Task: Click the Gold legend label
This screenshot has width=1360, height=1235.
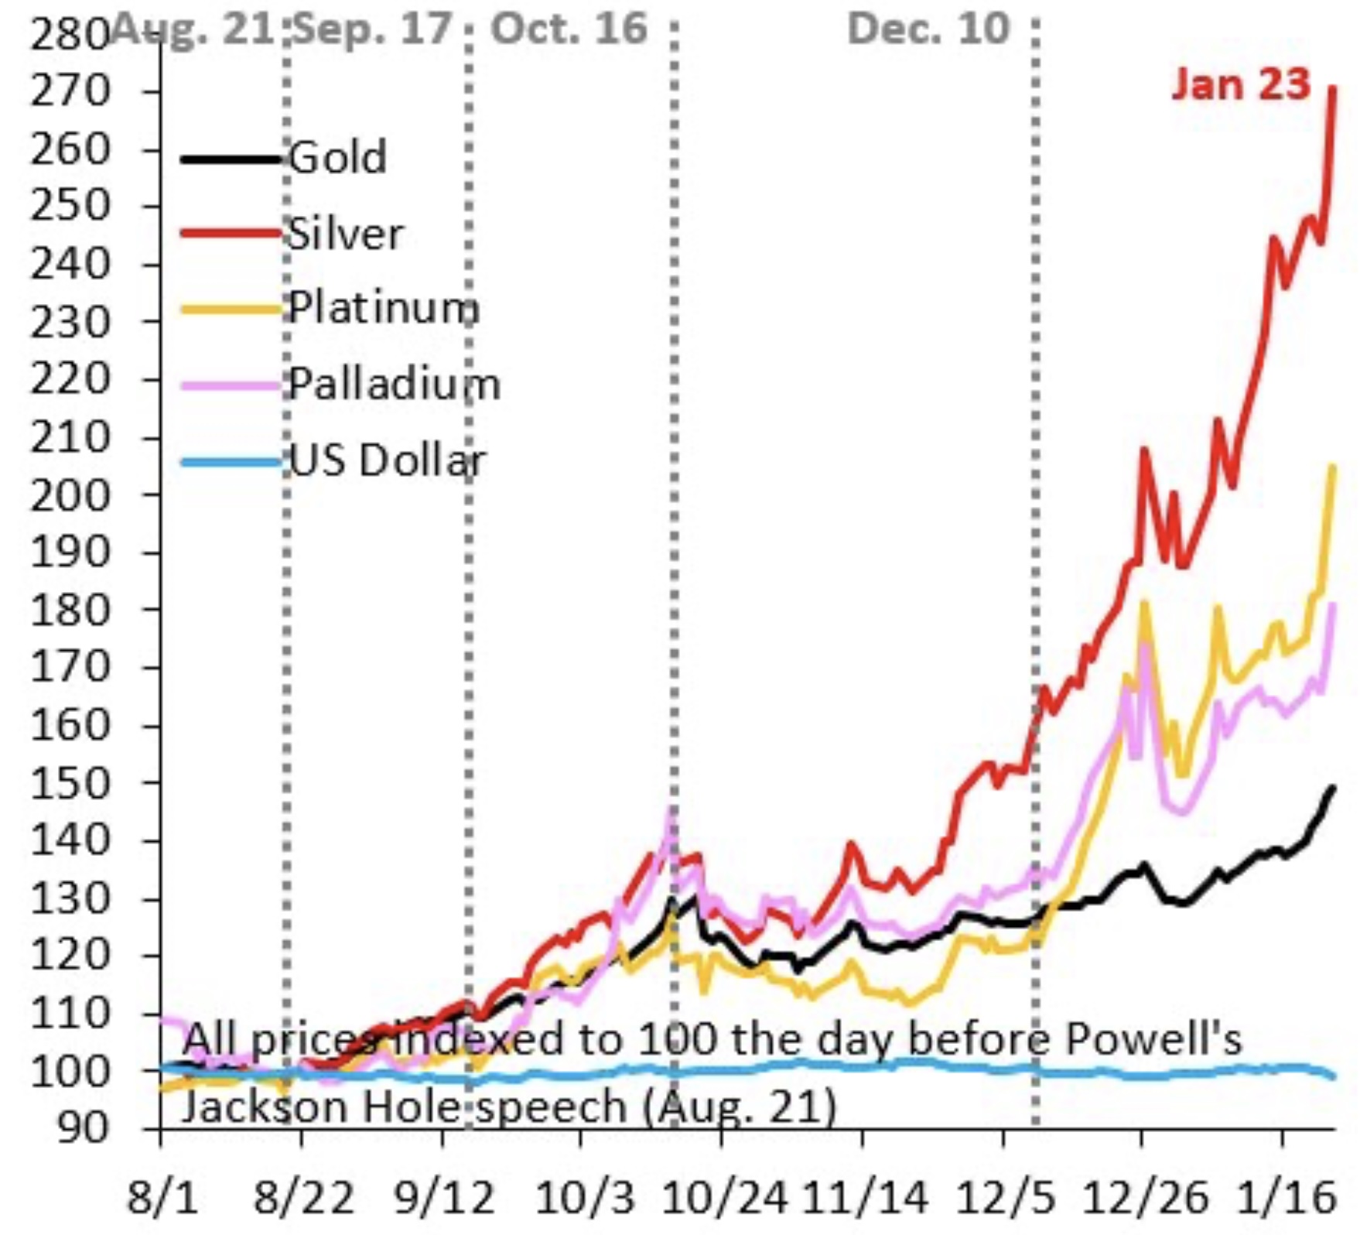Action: click(337, 158)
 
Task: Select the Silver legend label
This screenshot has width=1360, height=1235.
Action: click(345, 234)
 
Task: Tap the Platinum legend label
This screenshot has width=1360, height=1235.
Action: click(384, 308)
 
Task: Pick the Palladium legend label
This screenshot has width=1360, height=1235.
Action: click(395, 384)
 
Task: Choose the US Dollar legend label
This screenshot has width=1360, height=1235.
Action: click(387, 460)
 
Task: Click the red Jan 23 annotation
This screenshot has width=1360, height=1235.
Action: click(1241, 84)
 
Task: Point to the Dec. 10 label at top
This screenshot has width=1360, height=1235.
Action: click(928, 29)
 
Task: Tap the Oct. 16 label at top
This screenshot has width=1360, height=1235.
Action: click(569, 29)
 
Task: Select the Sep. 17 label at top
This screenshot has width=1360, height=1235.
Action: click(373, 29)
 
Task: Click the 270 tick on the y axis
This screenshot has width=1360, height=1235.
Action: click(70, 92)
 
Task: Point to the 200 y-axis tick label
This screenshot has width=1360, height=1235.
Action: click(70, 495)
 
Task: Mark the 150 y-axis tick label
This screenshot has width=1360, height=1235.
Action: click(70, 784)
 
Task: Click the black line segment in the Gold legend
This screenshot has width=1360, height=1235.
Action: click(231, 159)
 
